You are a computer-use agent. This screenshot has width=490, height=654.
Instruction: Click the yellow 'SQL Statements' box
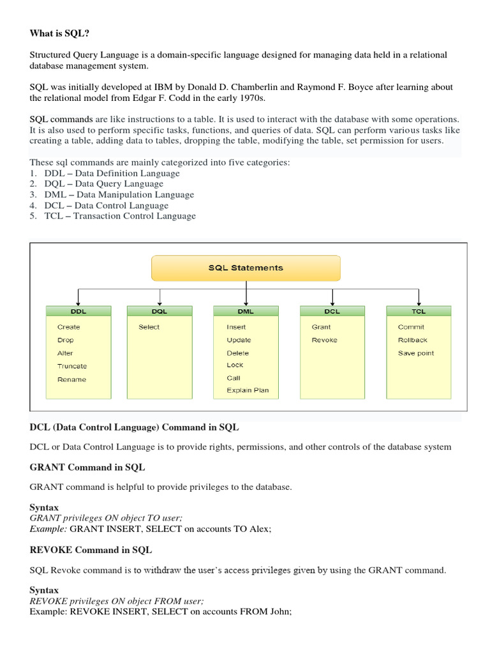[x=246, y=268]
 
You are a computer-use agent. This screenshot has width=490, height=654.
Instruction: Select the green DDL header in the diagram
[x=78, y=311]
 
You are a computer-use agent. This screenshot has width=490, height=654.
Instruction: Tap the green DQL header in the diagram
[x=159, y=311]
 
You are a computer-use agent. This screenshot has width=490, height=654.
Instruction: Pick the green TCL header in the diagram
[x=419, y=311]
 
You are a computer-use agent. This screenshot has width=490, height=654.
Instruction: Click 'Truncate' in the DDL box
[x=72, y=366]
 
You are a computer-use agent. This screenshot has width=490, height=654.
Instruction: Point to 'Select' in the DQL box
[x=149, y=327]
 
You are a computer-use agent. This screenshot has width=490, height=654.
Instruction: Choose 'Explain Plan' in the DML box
[x=248, y=390]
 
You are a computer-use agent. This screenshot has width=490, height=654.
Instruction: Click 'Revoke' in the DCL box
[x=324, y=340]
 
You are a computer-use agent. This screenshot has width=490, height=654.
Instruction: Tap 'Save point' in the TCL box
[x=415, y=353]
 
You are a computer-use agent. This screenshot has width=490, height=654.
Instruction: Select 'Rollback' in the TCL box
[x=412, y=340]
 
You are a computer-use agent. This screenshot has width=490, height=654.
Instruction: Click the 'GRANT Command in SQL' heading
[x=87, y=467]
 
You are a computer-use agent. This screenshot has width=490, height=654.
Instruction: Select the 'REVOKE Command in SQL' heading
[x=91, y=549]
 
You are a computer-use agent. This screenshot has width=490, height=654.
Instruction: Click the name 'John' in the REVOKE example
[x=279, y=611]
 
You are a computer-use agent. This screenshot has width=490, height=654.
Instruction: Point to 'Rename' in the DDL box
[x=71, y=379]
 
